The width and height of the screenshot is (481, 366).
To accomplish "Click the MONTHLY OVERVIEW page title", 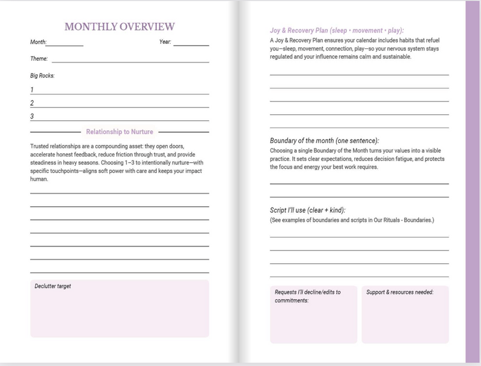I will point(119,26).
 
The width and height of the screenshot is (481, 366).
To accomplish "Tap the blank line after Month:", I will point(66,44).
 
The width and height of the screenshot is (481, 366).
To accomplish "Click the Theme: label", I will point(39,59).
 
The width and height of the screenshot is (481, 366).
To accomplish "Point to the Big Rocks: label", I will point(42,76).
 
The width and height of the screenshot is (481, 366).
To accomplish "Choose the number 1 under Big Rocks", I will point(32,90).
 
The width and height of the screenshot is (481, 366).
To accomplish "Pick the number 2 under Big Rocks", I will point(32,103).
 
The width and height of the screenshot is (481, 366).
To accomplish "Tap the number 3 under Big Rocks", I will point(32,117).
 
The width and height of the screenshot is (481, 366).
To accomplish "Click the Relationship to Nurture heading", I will point(119,131).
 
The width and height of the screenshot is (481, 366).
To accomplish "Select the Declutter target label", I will point(53,286).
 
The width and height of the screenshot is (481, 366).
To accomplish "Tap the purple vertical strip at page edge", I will point(473,180).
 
